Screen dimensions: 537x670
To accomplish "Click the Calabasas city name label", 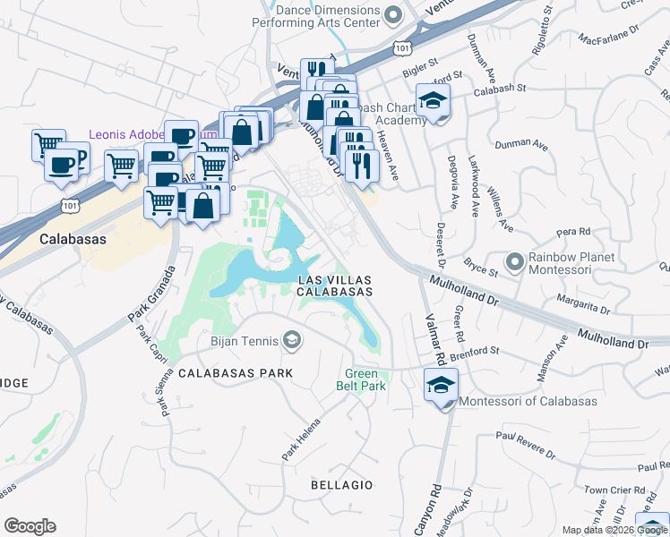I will pos(73,240).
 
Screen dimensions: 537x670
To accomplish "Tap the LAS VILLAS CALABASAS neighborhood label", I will pos(334,286).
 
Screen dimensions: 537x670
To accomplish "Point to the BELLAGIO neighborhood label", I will pos(341,484).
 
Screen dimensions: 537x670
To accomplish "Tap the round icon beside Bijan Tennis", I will pos(291,339).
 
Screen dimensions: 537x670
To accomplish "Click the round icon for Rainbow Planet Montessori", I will pos(514,262).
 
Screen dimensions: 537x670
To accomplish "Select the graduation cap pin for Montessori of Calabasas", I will pos(439,387).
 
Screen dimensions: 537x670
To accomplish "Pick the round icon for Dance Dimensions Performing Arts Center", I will pos(392,13).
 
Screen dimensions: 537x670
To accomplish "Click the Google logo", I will pos(30,526).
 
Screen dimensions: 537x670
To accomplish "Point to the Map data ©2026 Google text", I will pos(614,530).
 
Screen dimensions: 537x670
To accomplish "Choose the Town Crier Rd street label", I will pos(615,490).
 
